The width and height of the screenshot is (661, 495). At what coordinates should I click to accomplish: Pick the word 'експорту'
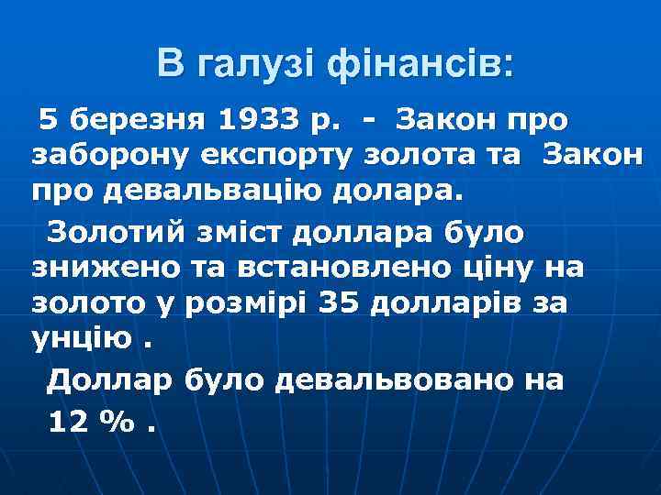pyautogui.click(x=245, y=156)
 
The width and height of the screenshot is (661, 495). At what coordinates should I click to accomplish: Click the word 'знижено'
pyautogui.click(x=100, y=269)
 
